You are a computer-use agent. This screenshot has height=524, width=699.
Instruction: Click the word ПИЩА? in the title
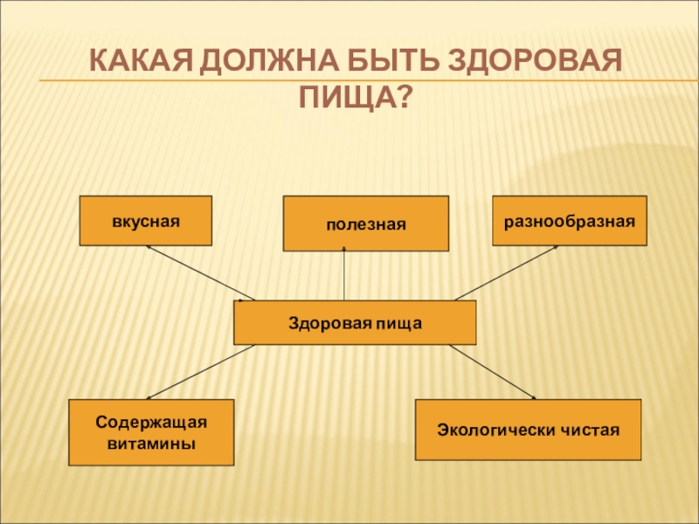tap(355, 95)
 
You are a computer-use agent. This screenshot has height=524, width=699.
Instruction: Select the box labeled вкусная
tap(146, 220)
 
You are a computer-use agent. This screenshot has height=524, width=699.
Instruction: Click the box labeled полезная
tap(366, 224)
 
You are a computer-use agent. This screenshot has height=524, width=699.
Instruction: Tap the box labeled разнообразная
tap(570, 220)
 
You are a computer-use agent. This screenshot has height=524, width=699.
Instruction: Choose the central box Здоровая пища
tap(355, 322)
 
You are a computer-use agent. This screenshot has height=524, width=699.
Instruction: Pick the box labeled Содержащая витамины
tap(151, 432)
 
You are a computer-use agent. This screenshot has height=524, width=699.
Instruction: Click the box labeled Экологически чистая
tap(528, 430)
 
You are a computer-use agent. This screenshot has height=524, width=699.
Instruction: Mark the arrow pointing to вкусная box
tap(200, 273)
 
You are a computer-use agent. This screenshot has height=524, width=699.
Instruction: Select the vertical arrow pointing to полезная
tap(344, 275)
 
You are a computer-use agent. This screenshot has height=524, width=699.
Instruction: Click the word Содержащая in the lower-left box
tap(151, 423)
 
